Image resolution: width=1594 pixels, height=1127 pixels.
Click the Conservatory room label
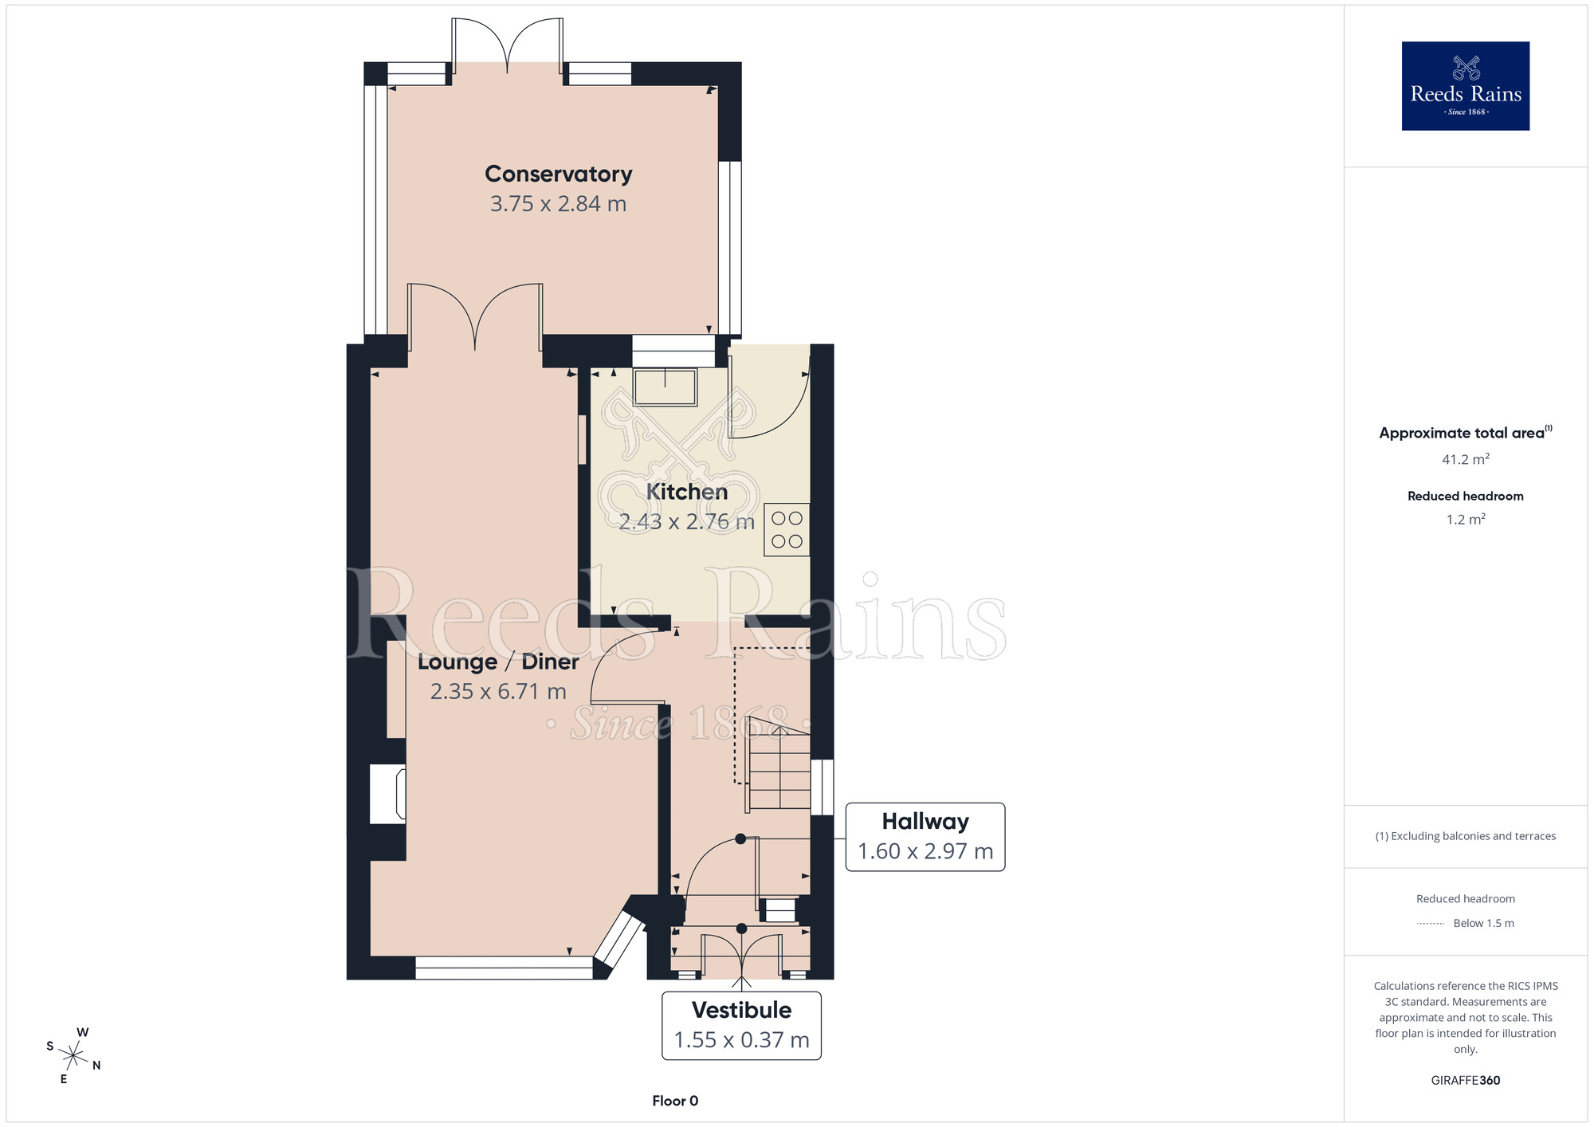(558, 174)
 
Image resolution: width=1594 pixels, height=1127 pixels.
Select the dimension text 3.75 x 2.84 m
(558, 204)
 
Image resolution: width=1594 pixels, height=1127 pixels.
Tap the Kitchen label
(686, 492)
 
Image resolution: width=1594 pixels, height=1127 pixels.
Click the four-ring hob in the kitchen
(787, 530)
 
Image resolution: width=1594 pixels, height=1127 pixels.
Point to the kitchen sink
(665, 387)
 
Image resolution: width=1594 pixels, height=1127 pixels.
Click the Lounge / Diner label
(498, 662)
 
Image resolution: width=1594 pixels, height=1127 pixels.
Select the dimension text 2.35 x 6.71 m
(498, 691)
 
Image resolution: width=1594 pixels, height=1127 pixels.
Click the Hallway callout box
(925, 837)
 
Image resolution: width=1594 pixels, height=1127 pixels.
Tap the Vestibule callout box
(741, 1026)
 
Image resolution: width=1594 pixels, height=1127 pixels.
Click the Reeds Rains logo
(1465, 86)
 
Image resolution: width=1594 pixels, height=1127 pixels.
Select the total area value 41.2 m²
(1465, 460)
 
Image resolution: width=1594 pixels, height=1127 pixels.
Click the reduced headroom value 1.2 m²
(1465, 520)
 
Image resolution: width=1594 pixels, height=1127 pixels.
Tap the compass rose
(73, 1056)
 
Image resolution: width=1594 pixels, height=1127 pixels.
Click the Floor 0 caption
(675, 1101)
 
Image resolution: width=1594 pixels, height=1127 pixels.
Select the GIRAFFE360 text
(1465, 1081)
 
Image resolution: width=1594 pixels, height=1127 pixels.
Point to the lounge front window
(504, 968)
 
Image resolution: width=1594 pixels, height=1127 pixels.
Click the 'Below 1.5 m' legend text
(1483, 923)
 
